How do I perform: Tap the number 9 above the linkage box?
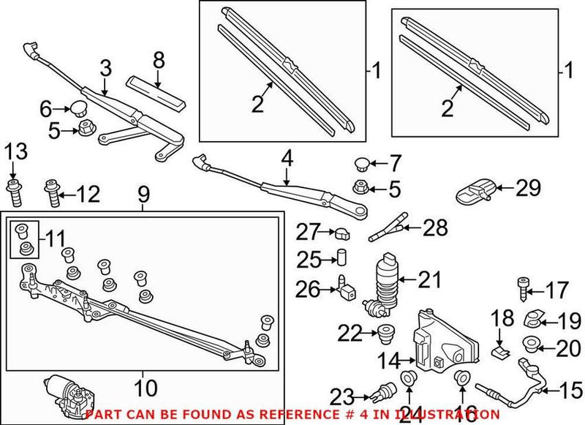coord(143,194)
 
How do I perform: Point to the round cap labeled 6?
coord(76,110)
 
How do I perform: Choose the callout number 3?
coord(106,69)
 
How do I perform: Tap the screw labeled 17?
coord(523,290)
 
